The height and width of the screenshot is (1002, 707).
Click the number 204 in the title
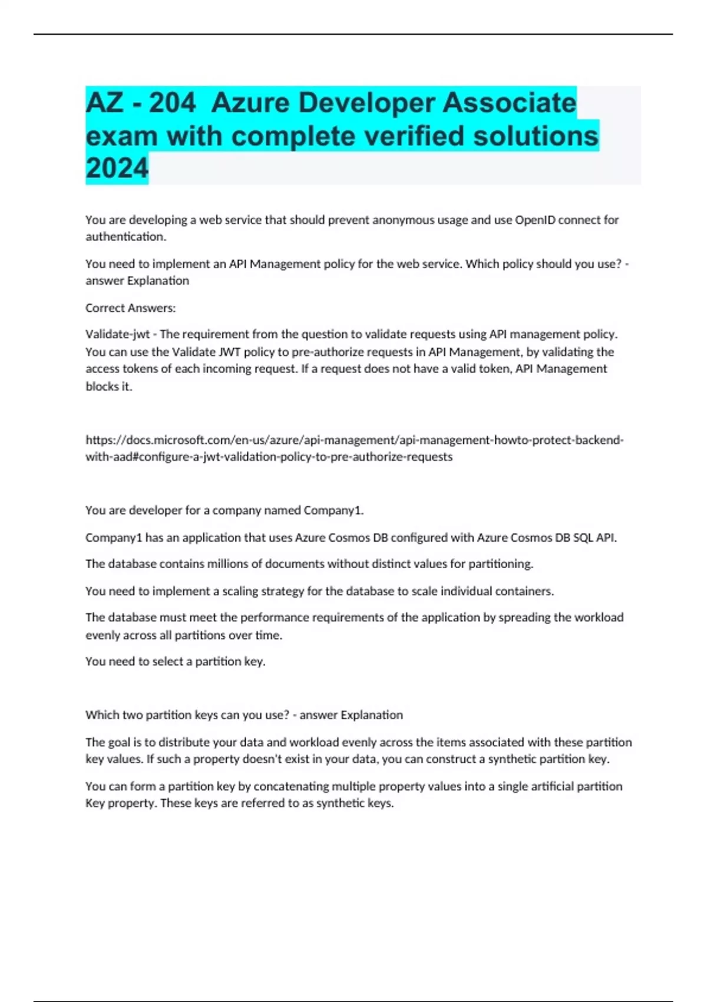pyautogui.click(x=171, y=103)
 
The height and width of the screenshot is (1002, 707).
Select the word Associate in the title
pyautogui.click(x=509, y=103)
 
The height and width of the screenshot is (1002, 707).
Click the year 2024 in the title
pyautogui.click(x=117, y=169)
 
